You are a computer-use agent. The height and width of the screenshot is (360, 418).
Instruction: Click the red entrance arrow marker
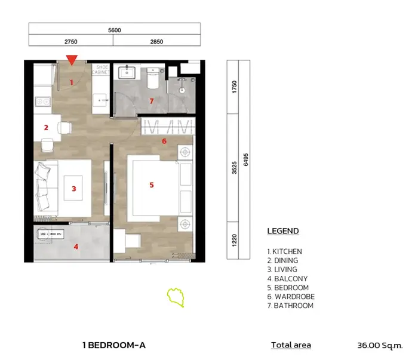pyautogui.click(x=72, y=60)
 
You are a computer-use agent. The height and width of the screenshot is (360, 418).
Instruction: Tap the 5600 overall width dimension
pyautogui.click(x=115, y=30)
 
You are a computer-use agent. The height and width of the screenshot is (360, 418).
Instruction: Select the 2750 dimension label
pyautogui.click(x=71, y=42)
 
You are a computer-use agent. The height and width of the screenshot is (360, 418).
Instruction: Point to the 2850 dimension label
pyautogui.click(x=156, y=42)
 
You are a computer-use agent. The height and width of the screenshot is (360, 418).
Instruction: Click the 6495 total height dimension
pyautogui.click(x=246, y=159)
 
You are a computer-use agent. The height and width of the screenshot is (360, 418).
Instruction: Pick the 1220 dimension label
pyautogui.click(x=234, y=241)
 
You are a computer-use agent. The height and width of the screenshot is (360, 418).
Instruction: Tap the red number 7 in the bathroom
pyautogui.click(x=152, y=101)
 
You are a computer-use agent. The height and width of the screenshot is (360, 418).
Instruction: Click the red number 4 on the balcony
pyautogui.click(x=76, y=247)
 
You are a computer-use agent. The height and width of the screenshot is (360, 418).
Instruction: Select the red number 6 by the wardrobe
pyautogui.click(x=164, y=141)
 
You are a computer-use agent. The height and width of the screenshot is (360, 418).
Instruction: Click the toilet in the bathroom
pyautogui.click(x=153, y=78)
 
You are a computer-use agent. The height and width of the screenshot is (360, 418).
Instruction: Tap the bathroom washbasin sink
pyautogui.click(x=127, y=72)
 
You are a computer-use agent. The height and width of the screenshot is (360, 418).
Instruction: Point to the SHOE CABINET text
pyautogui.click(x=100, y=69)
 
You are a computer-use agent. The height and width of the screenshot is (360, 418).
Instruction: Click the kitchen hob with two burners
pyautogui.click(x=43, y=101)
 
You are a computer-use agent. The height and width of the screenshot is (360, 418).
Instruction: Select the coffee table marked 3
pyautogui.click(x=73, y=188)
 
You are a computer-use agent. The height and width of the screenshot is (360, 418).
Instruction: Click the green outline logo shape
pyautogui.click(x=176, y=297)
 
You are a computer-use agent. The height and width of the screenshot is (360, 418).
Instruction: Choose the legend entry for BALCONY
pyautogui.click(x=287, y=279)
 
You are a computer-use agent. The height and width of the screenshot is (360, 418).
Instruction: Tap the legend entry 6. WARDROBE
pyautogui.click(x=291, y=297)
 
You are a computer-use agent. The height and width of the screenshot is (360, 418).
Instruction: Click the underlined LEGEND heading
pyautogui.click(x=283, y=231)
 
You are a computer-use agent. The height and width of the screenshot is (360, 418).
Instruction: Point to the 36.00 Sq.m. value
pyautogui.click(x=380, y=345)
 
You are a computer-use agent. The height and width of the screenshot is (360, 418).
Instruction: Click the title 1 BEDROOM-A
pyautogui.click(x=114, y=345)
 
